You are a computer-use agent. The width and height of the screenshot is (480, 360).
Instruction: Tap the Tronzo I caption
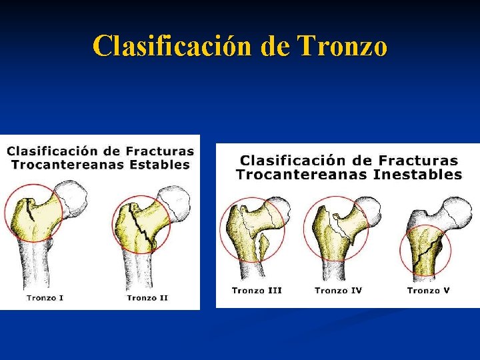tap(45, 297)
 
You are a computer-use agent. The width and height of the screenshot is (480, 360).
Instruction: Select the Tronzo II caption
tap(147, 297)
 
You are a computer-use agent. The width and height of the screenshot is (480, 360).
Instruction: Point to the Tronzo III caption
tap(257, 291)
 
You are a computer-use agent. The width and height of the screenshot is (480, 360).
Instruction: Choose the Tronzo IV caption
tap(338, 291)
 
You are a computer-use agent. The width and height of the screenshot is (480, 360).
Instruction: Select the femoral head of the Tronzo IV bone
tap(367, 209)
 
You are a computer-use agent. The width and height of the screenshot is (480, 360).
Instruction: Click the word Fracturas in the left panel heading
tap(160, 151)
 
